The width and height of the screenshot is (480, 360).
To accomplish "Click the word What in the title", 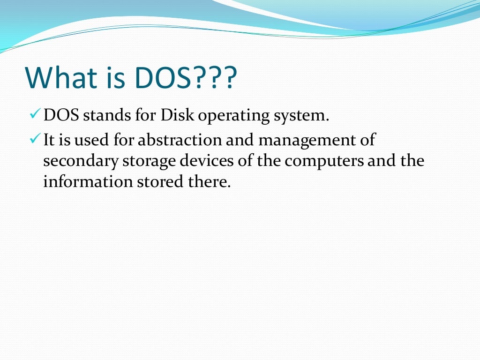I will [61, 79].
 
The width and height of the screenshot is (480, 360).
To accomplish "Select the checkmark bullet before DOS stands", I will [35, 114].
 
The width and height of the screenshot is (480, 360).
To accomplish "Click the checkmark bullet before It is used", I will [35, 139].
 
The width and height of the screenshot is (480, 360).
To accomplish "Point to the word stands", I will [104, 115].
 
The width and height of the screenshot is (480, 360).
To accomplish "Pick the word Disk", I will [176, 115].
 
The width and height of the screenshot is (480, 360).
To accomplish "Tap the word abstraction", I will [180, 140].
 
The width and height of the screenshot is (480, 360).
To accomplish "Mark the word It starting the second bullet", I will [49, 140].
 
